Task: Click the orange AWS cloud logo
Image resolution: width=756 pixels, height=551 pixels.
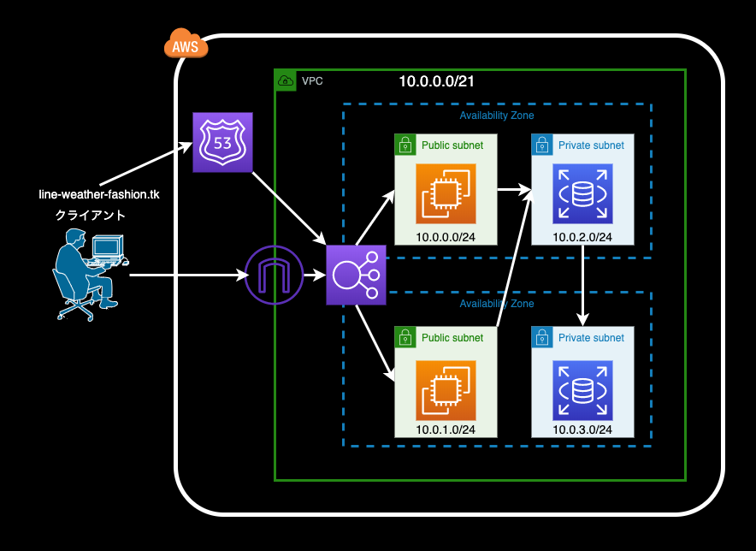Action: (x=186, y=44)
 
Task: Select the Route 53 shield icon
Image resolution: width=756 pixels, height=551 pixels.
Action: (x=222, y=142)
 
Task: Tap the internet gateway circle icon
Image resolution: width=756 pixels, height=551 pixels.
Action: (x=275, y=275)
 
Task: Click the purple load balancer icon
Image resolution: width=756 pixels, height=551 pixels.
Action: (x=356, y=275)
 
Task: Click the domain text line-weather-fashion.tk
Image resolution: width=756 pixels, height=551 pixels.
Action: (x=99, y=194)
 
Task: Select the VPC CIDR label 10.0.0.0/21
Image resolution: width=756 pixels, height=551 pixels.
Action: (x=436, y=81)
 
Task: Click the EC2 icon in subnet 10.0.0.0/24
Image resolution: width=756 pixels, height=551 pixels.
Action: (x=445, y=193)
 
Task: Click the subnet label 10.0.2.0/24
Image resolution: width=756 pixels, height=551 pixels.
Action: (x=582, y=237)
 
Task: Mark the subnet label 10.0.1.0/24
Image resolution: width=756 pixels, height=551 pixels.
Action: (x=446, y=430)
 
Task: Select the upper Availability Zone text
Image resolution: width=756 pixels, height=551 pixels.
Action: (x=497, y=116)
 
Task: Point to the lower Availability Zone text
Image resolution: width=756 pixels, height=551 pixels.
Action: (x=497, y=304)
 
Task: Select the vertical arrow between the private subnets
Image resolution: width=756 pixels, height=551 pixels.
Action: (x=583, y=287)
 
